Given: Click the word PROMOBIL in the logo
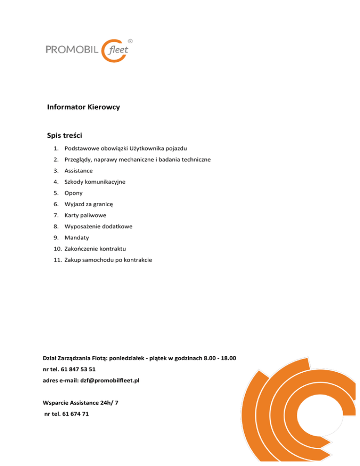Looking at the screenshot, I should [x=72, y=49].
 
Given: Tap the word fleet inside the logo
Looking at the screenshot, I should [x=119, y=50].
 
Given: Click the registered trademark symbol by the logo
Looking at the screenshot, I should [x=130, y=41].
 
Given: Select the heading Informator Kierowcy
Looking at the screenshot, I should [x=83, y=107].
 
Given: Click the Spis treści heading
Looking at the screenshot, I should [x=65, y=135].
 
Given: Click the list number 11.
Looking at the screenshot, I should [x=56, y=260].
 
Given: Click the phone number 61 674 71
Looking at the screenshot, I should [x=73, y=414].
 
